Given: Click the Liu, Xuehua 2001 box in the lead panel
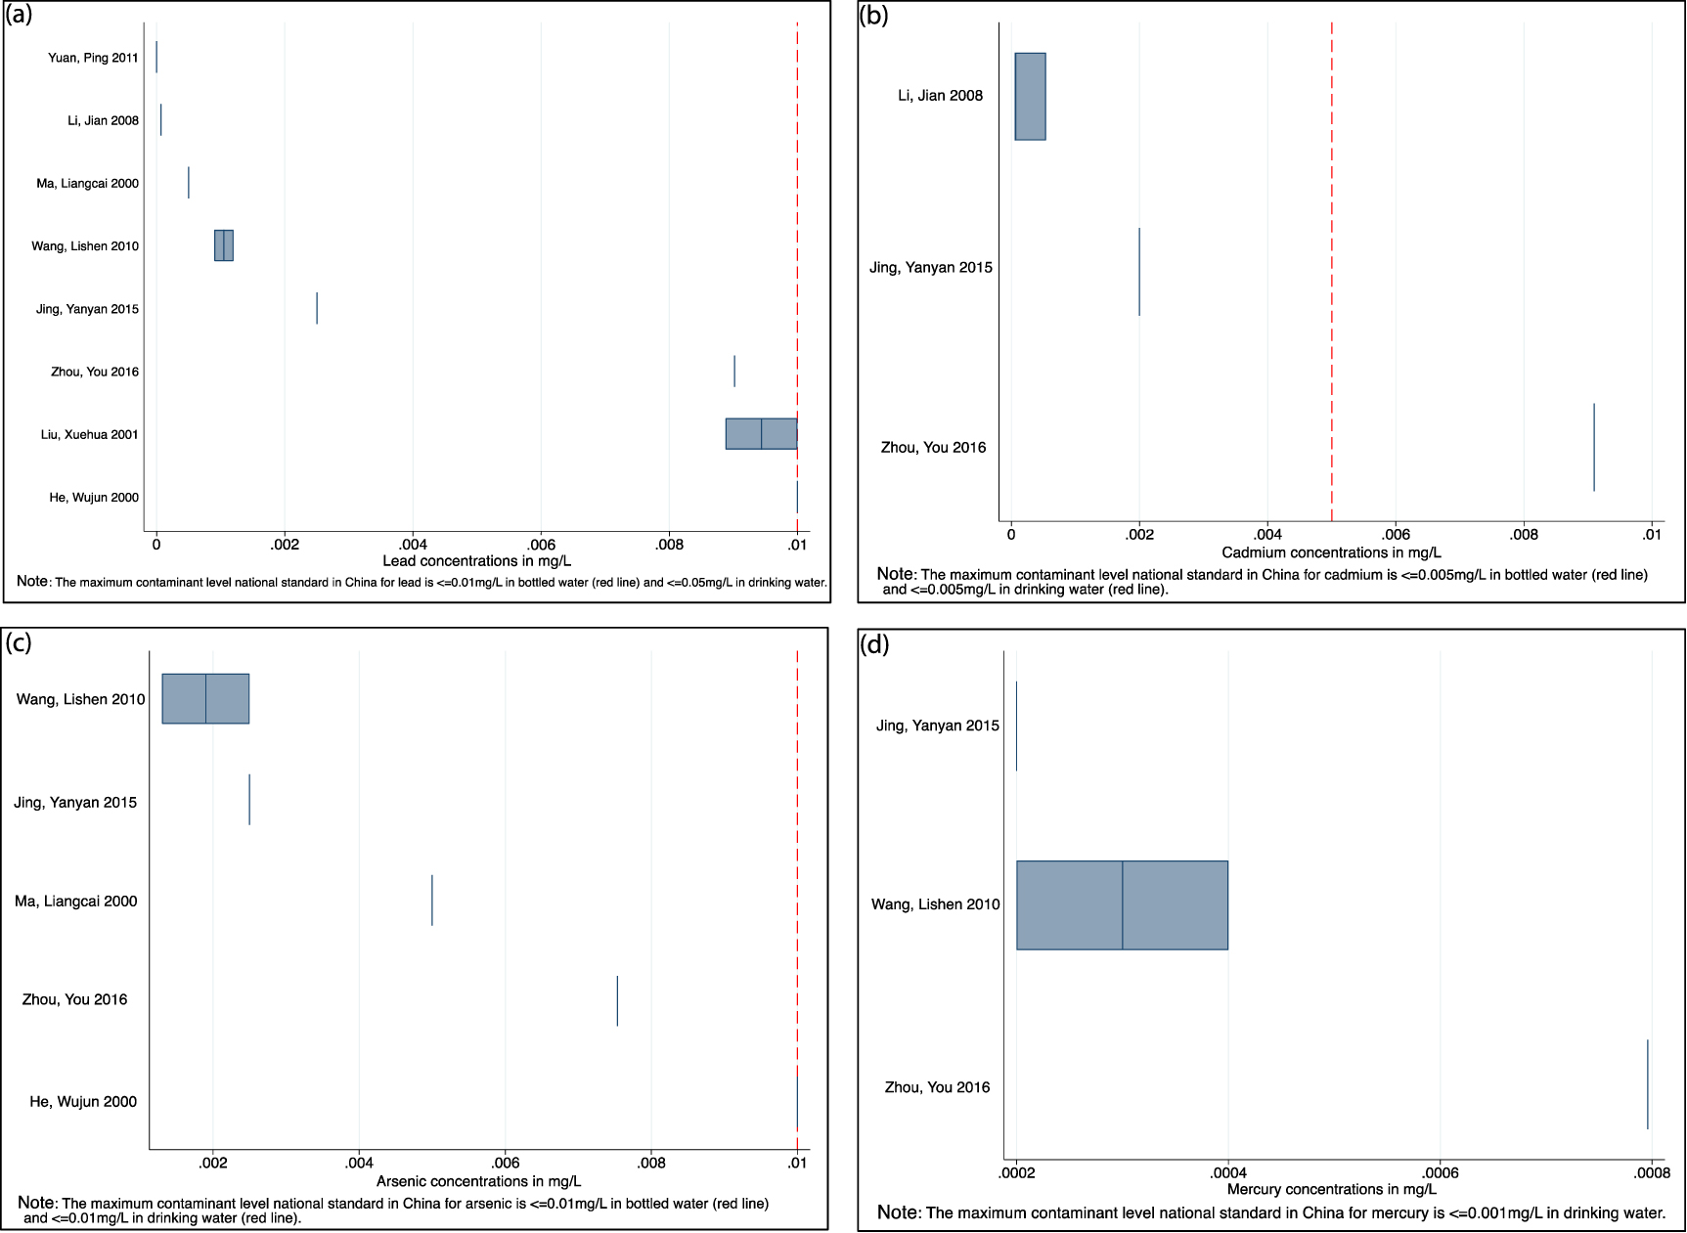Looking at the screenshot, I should pos(761,434).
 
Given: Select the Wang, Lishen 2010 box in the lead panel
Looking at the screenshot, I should pos(224,245).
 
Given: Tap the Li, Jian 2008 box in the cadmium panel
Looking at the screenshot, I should pos(1030,96).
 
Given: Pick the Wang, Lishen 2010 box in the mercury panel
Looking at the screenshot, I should pos(1122,904).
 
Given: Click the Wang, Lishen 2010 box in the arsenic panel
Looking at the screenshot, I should pos(205,698).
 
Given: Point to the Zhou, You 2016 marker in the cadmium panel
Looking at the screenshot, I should pos(1594,447).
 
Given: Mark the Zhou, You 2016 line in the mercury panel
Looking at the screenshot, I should pos(1648,1084).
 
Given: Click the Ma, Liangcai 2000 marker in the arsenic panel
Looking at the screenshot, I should pos(432,901).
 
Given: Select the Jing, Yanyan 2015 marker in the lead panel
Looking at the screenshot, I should pos(317,308).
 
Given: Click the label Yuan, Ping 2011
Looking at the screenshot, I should pos(93,58).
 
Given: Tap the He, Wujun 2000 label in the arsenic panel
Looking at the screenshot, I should pos(83,1102).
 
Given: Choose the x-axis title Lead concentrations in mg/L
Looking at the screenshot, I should pos(476,560).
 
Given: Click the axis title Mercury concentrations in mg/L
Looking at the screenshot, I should pos(1331,1189).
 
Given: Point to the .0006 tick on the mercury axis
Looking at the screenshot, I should pos(1440,1173).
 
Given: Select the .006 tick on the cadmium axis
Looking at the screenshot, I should pos(1396,535).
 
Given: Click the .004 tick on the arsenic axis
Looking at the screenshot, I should pos(359,1163).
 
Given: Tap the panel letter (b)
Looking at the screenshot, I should pos(873,16).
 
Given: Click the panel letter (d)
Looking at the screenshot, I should pos(873,644).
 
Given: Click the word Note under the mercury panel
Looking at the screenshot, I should pos(898,1212).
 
